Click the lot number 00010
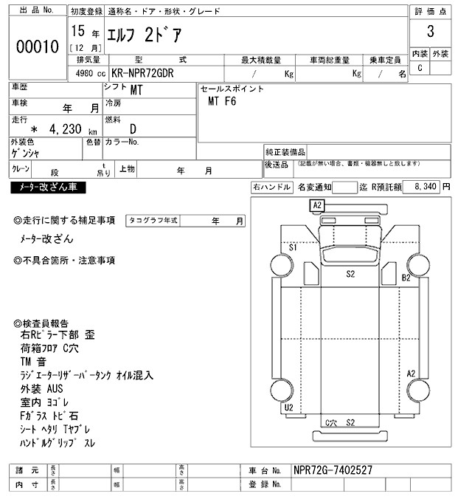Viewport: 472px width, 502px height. coord(37,47)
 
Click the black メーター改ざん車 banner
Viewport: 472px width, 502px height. coord(49,188)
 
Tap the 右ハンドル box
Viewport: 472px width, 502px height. coord(271,188)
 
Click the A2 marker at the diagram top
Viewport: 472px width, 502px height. coord(317,204)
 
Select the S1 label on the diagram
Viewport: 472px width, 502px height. coord(293,247)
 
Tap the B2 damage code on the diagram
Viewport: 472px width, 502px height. coord(406,278)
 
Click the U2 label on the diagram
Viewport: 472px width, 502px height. coord(289,407)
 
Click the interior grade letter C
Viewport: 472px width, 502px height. coord(420,68)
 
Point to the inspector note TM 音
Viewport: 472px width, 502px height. coord(33,362)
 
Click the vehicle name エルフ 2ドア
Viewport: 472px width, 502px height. coord(143,34)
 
